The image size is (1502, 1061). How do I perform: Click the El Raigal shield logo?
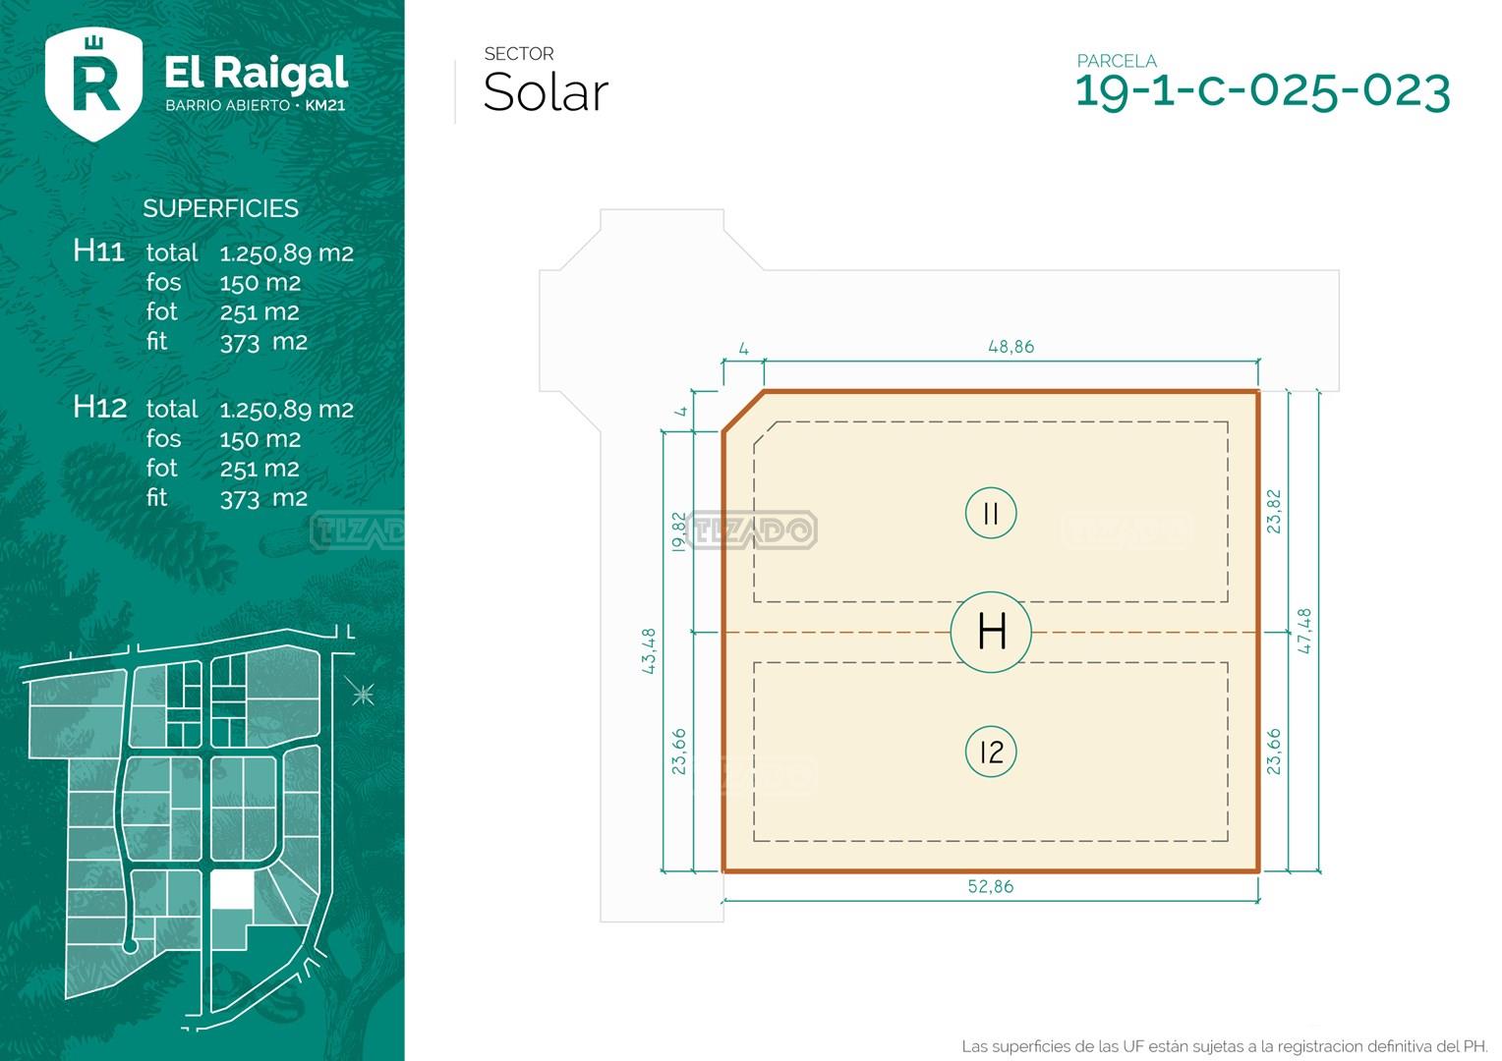[94, 84]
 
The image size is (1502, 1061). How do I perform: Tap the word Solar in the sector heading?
[546, 93]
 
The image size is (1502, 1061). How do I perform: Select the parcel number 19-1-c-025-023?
[1262, 91]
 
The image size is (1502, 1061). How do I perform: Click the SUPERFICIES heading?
[220, 208]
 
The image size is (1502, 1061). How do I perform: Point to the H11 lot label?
[98, 251]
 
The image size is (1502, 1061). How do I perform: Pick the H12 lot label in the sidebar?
[99, 407]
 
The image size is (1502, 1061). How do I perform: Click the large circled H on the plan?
[991, 632]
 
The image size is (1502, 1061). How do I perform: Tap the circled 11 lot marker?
[990, 513]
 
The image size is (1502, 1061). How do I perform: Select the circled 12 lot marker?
[990, 753]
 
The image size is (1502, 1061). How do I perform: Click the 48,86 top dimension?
[1011, 347]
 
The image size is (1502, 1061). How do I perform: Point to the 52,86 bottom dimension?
[990, 886]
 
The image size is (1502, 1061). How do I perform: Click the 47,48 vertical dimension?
[1304, 631]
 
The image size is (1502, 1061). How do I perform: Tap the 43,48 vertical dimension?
[649, 650]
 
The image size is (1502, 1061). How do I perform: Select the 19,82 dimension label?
[678, 531]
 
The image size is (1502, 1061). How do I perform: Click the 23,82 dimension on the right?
[1274, 511]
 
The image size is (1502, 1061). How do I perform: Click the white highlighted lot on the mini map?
[232, 891]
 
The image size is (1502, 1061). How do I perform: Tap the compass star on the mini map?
[363, 695]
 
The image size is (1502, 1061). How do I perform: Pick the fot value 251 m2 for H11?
[260, 312]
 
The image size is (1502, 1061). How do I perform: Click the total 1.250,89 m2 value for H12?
[286, 410]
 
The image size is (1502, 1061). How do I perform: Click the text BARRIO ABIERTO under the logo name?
[227, 105]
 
